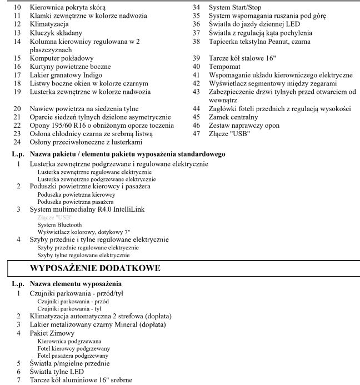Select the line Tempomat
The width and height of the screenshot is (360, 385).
225,66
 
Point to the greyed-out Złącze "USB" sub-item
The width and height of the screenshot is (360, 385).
53,217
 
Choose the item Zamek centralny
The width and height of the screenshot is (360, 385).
233,117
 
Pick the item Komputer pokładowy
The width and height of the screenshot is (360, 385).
62,58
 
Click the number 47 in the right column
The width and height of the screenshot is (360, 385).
196,133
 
